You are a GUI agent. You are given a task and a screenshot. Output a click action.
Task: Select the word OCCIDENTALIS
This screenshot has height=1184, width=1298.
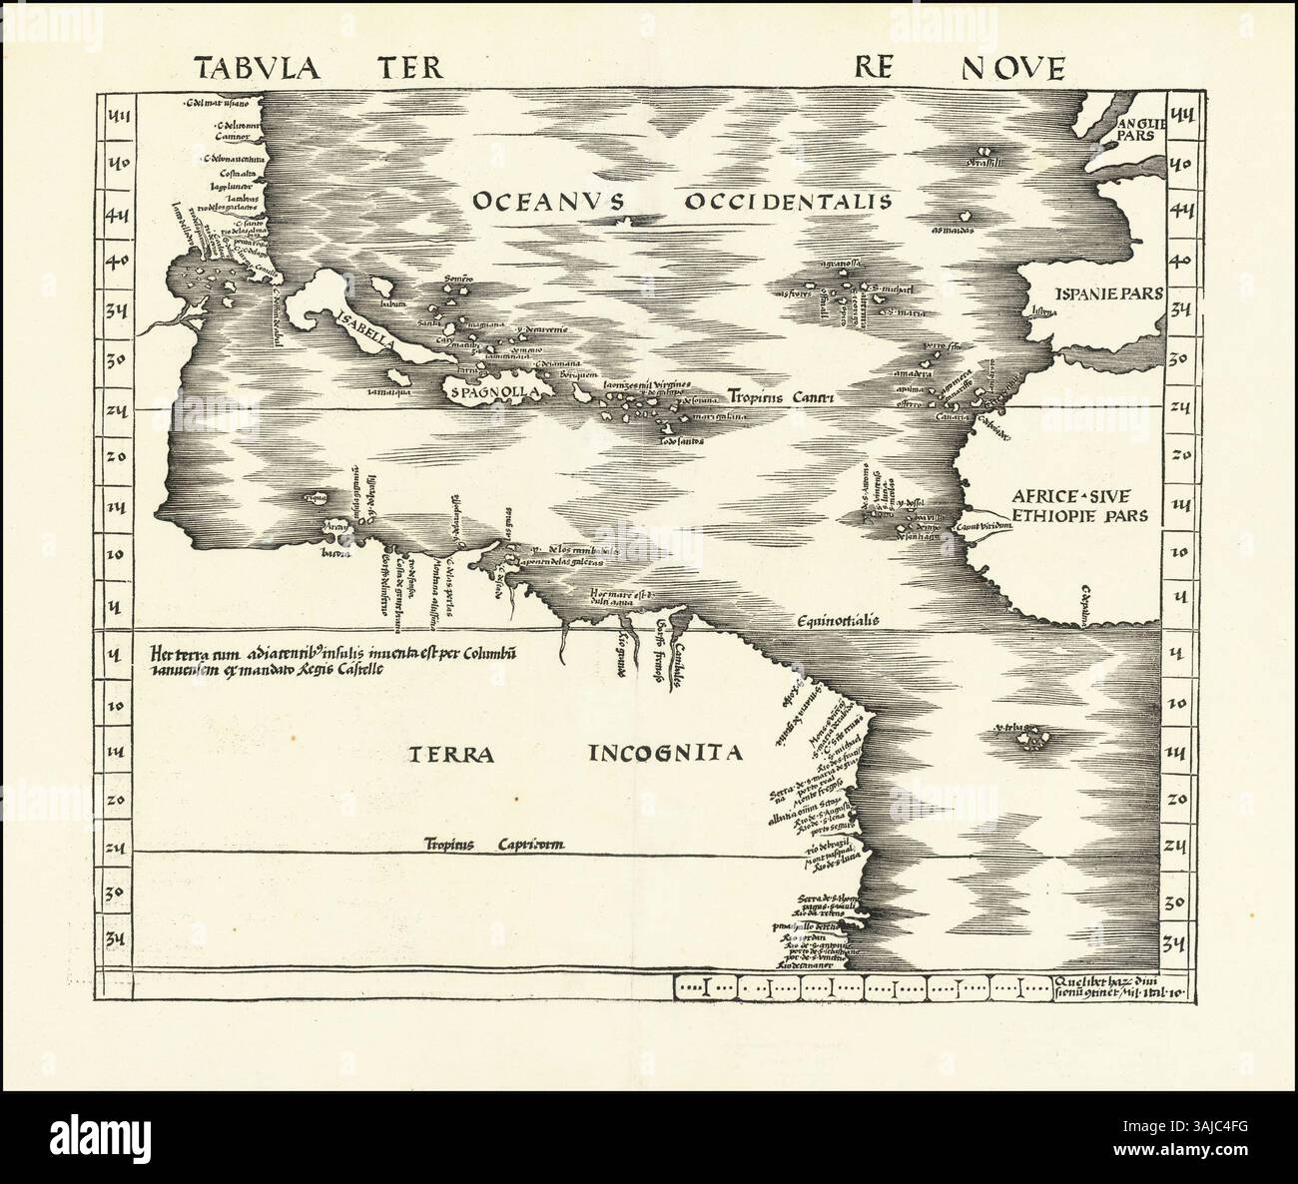click(x=787, y=202)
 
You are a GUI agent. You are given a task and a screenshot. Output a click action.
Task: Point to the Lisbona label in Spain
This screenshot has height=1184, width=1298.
click(x=1053, y=311)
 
